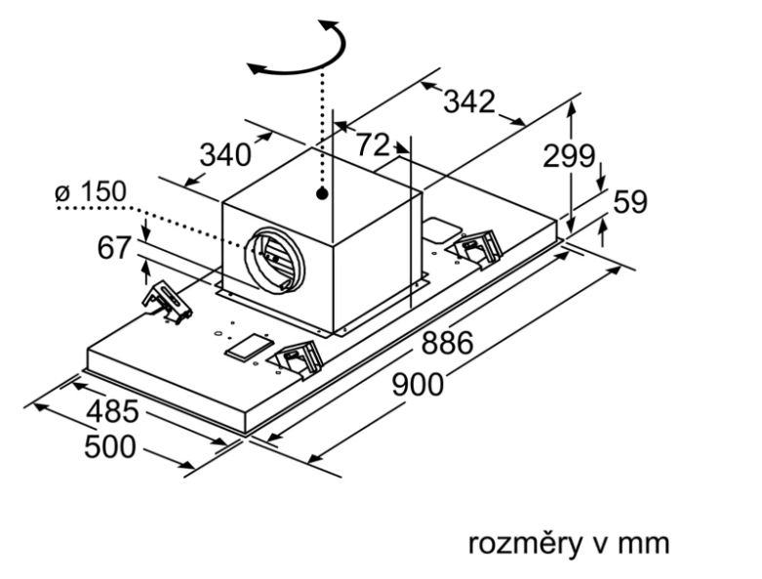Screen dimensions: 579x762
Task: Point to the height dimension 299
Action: tap(569, 155)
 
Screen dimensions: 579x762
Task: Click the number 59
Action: tap(631, 202)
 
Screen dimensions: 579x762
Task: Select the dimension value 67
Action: tap(114, 248)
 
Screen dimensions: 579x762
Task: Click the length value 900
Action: tap(417, 384)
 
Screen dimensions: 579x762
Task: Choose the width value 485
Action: tap(111, 413)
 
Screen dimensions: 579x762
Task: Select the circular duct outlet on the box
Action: tap(270, 256)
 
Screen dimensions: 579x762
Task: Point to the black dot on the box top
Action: tap(321, 195)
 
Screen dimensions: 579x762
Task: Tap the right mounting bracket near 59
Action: tap(477, 248)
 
